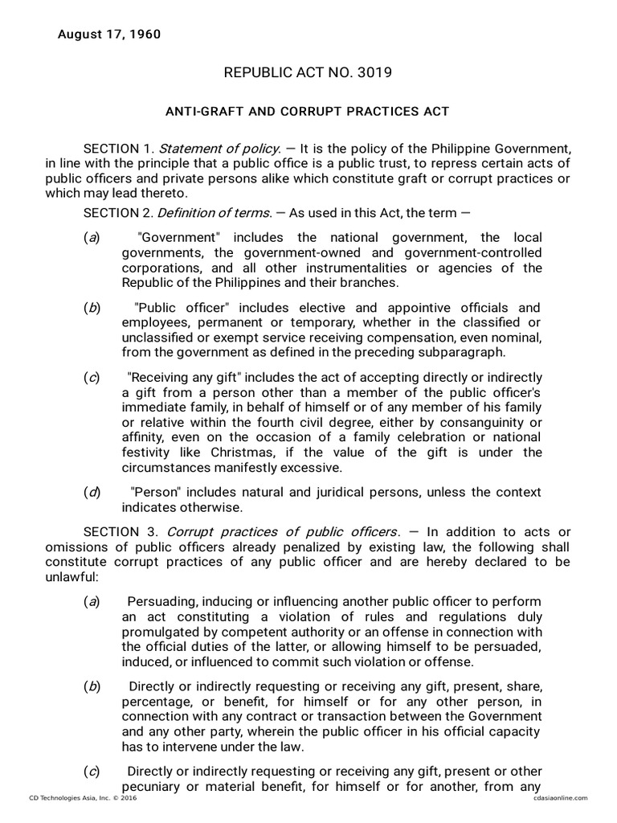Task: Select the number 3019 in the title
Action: pos(373,73)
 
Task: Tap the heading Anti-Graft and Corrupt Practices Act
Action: pos(308,111)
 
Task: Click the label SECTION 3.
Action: pos(119,532)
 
